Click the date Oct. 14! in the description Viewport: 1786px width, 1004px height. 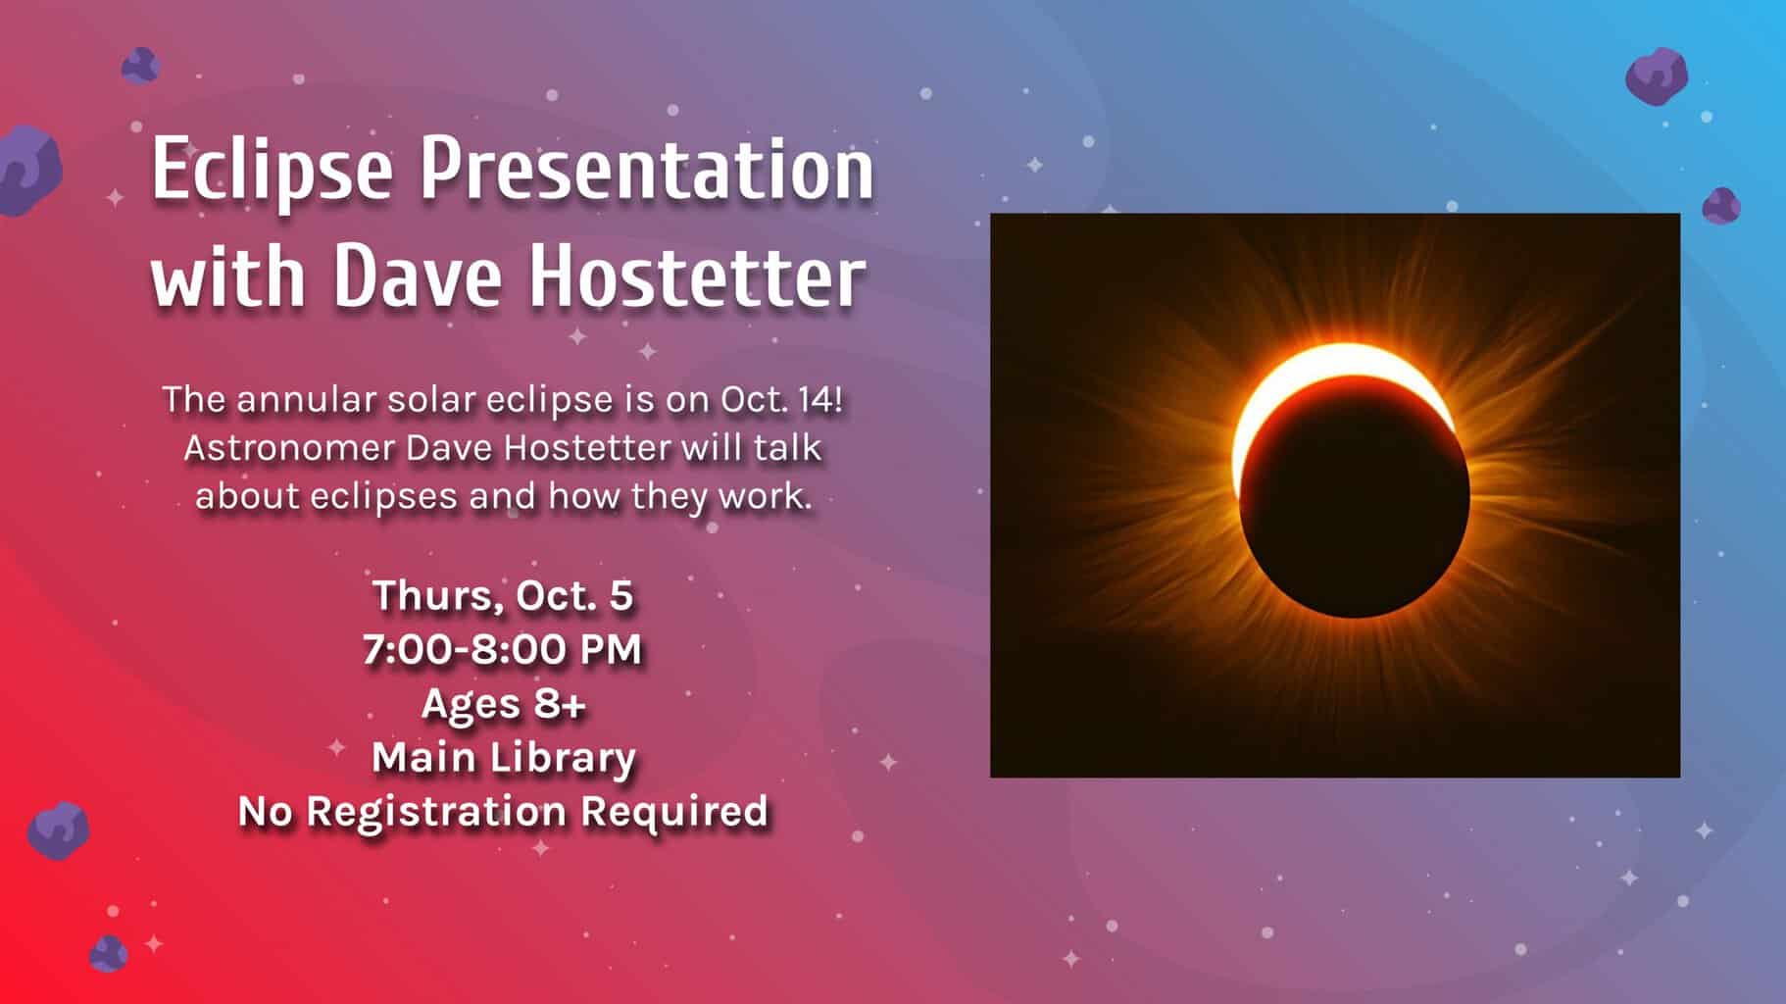point(781,399)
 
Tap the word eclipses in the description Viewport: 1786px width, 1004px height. point(384,496)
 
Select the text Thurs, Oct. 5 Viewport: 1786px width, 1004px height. point(503,596)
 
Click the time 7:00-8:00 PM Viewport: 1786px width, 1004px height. point(503,649)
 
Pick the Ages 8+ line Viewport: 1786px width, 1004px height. point(503,704)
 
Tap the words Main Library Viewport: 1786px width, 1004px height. point(503,757)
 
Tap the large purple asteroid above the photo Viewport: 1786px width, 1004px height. point(1657,75)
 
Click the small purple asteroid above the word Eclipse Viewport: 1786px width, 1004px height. point(140,65)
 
